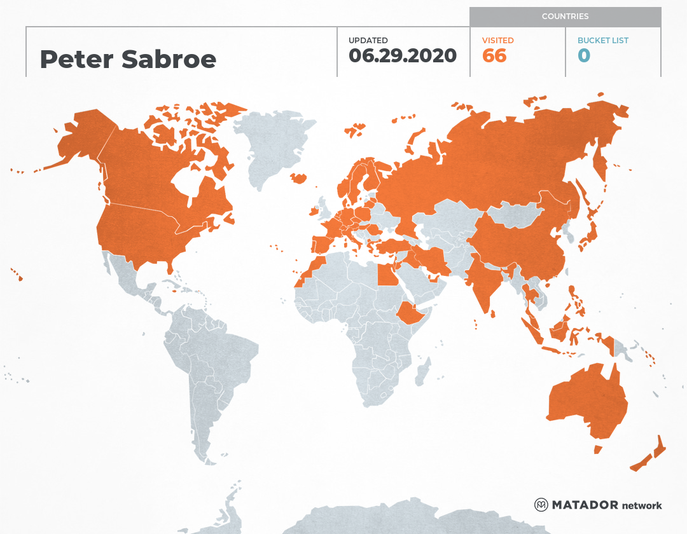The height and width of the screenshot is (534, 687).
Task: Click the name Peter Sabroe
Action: coord(128,59)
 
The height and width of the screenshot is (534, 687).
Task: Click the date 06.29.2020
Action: coord(402,56)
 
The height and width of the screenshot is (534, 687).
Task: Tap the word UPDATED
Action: coord(368,41)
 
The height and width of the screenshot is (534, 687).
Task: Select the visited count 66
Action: coord(494,56)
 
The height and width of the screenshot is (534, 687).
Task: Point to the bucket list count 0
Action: coord(583,56)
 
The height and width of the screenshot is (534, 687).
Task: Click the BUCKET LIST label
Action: coord(602,41)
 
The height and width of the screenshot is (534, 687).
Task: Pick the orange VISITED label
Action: coord(497,41)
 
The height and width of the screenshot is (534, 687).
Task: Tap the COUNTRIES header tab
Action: coord(565,17)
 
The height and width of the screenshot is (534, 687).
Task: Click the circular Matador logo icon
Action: coord(541,505)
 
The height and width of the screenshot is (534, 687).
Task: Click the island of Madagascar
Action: coord(422,372)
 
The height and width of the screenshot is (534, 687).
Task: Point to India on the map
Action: coord(483,280)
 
